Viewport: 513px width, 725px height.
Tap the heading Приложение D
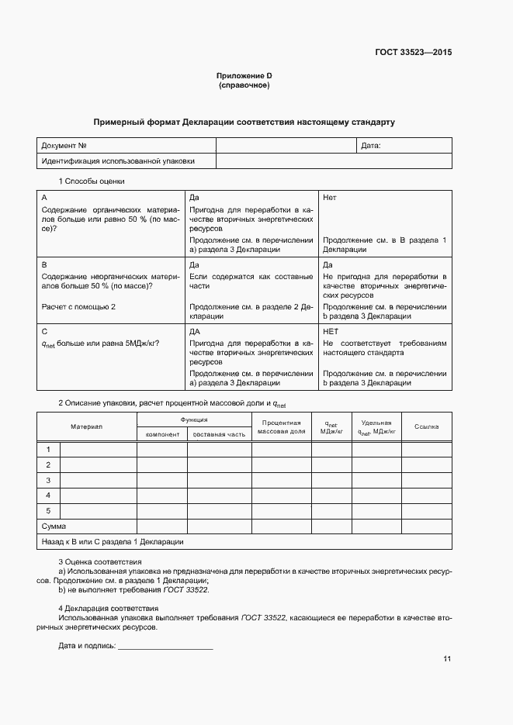coord(244,75)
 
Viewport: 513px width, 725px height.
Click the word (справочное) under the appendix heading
coord(244,85)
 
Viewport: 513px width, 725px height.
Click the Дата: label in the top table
coord(371,146)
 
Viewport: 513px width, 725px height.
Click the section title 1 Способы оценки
coord(92,181)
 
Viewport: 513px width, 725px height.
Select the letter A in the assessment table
coord(44,198)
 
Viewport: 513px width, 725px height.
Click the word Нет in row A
coord(329,198)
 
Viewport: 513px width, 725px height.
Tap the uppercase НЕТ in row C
coord(330,331)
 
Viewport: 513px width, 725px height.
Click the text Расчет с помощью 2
coord(78,307)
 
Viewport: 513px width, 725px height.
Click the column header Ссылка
coord(426,427)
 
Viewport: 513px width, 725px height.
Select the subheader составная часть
coord(219,434)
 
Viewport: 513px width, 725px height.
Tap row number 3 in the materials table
coord(48,480)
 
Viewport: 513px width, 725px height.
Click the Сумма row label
coord(54,526)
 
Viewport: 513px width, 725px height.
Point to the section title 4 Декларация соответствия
coord(109,609)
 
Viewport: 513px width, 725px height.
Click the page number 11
coord(447,659)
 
